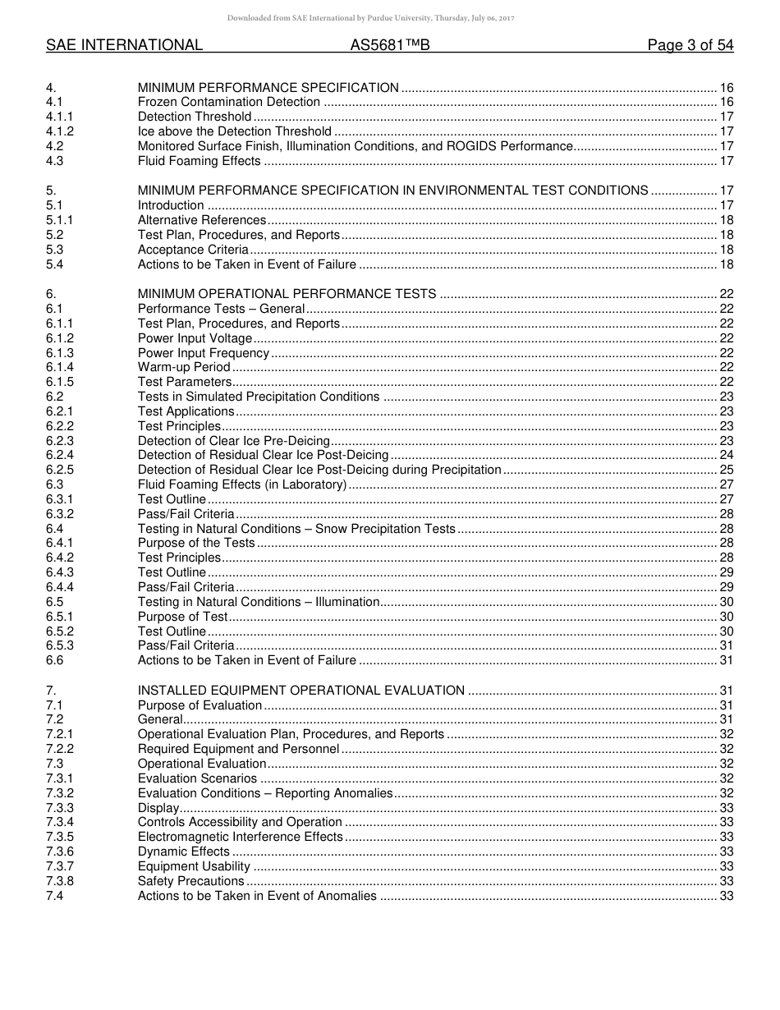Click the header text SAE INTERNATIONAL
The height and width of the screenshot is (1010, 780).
point(124,46)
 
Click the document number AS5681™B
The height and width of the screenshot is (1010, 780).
point(390,46)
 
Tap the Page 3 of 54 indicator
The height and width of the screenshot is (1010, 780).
point(690,46)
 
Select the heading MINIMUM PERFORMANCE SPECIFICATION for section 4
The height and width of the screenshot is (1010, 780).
point(268,88)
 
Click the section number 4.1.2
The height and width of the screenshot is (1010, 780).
point(60,131)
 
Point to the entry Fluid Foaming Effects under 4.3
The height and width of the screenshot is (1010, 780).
point(200,161)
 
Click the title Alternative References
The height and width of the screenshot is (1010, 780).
point(202,220)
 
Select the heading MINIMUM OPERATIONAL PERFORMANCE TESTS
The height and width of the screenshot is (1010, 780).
point(287,294)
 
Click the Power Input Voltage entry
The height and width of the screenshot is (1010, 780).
point(195,338)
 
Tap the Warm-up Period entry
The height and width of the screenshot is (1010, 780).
point(184,367)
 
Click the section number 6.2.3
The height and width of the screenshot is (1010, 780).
point(60,441)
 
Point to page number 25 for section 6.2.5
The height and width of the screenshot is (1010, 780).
point(726,470)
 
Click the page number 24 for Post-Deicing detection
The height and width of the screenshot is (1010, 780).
point(726,455)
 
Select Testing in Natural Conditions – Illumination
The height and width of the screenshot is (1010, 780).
point(259,602)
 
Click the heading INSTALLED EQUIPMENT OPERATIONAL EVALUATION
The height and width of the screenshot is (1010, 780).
point(301,691)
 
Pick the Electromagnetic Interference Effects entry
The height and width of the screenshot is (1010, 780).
point(240,837)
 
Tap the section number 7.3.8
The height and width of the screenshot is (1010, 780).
point(60,881)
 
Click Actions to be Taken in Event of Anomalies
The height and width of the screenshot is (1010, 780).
point(257,896)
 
